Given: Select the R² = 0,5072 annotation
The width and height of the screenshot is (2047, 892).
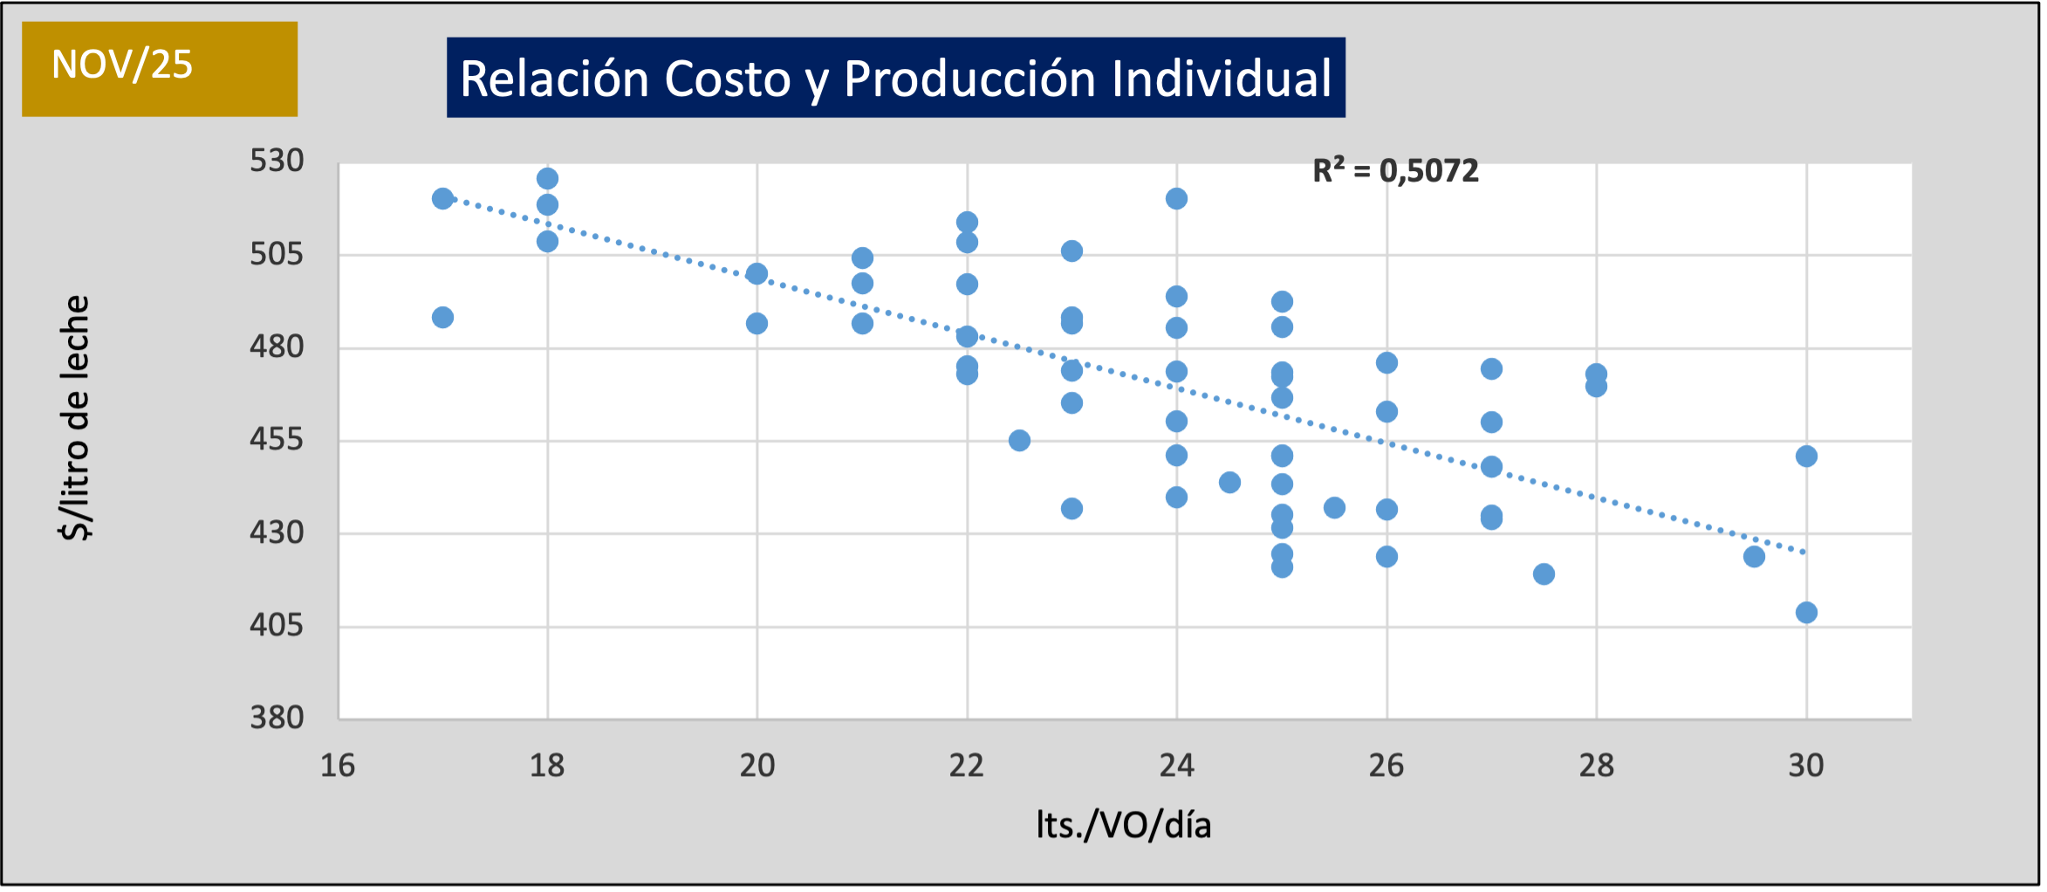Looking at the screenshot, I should click(x=1395, y=171).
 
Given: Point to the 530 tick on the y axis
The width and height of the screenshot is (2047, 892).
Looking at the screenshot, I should click(x=277, y=161).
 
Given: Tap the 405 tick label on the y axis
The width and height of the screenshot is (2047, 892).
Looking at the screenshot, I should click(x=277, y=625).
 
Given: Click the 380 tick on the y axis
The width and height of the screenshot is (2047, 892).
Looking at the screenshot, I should click(x=277, y=717).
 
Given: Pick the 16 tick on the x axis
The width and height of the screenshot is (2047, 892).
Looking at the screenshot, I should click(x=338, y=765).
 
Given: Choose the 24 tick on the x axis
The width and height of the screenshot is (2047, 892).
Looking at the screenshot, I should click(x=1176, y=765).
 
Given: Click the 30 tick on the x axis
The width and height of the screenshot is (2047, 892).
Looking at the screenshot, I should click(x=1805, y=765).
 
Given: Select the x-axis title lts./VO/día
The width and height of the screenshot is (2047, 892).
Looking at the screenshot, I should click(x=1123, y=825).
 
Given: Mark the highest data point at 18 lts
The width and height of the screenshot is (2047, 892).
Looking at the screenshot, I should click(x=547, y=179).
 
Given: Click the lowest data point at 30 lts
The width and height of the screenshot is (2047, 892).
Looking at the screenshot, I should click(x=1806, y=613).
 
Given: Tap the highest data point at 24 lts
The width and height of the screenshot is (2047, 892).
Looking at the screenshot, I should click(x=1176, y=199).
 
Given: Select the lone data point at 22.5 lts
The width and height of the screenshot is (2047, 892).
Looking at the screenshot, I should click(x=1019, y=440).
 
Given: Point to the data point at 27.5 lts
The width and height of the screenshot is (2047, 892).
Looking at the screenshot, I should click(x=1544, y=573).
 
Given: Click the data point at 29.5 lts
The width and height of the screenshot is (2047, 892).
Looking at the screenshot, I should click(x=1754, y=556).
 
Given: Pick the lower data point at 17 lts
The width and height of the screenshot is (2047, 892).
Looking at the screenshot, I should click(x=442, y=317).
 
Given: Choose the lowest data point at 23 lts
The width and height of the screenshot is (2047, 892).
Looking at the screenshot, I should click(x=1071, y=508).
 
